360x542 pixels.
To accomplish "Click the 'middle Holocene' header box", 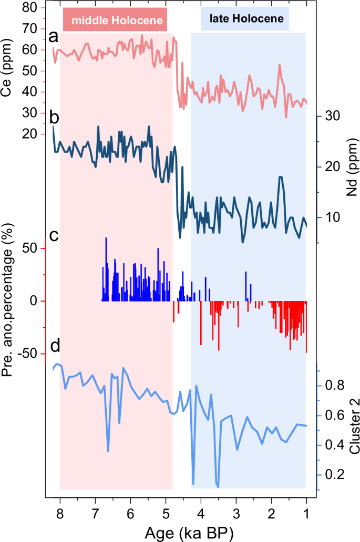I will [115, 20].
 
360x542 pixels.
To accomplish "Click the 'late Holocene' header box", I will [246, 19].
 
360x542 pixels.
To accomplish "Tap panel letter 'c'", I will [54, 235].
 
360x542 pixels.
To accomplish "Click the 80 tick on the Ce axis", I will [33, 8].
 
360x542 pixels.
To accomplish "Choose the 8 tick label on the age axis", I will [60, 513].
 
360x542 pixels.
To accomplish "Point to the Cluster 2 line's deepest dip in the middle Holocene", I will [108, 451].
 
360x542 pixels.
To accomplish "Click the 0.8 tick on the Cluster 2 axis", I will [334, 385].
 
